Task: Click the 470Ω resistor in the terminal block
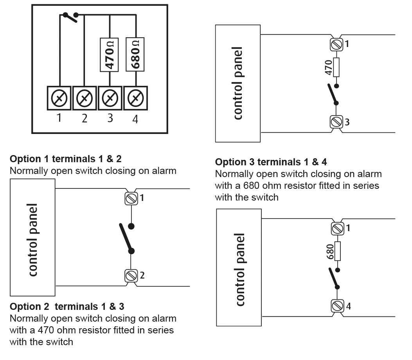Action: click(x=109, y=55)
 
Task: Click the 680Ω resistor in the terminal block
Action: click(x=135, y=54)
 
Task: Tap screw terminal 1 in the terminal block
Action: click(x=59, y=98)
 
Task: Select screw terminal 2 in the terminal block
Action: click(x=85, y=98)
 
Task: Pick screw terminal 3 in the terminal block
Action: click(x=110, y=98)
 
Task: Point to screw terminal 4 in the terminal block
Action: click(x=135, y=98)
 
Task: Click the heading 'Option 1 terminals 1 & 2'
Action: click(x=66, y=159)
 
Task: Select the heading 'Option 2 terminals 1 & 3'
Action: click(x=67, y=307)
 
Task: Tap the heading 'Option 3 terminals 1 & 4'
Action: click(x=271, y=162)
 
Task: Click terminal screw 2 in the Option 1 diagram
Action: click(x=131, y=276)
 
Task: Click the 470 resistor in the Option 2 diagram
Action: click(x=336, y=68)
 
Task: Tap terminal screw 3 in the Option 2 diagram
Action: click(x=336, y=122)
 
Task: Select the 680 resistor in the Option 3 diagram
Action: click(x=337, y=251)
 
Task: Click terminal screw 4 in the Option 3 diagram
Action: click(x=338, y=306)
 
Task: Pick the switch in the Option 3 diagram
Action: click(x=335, y=279)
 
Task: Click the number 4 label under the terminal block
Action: click(x=135, y=119)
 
